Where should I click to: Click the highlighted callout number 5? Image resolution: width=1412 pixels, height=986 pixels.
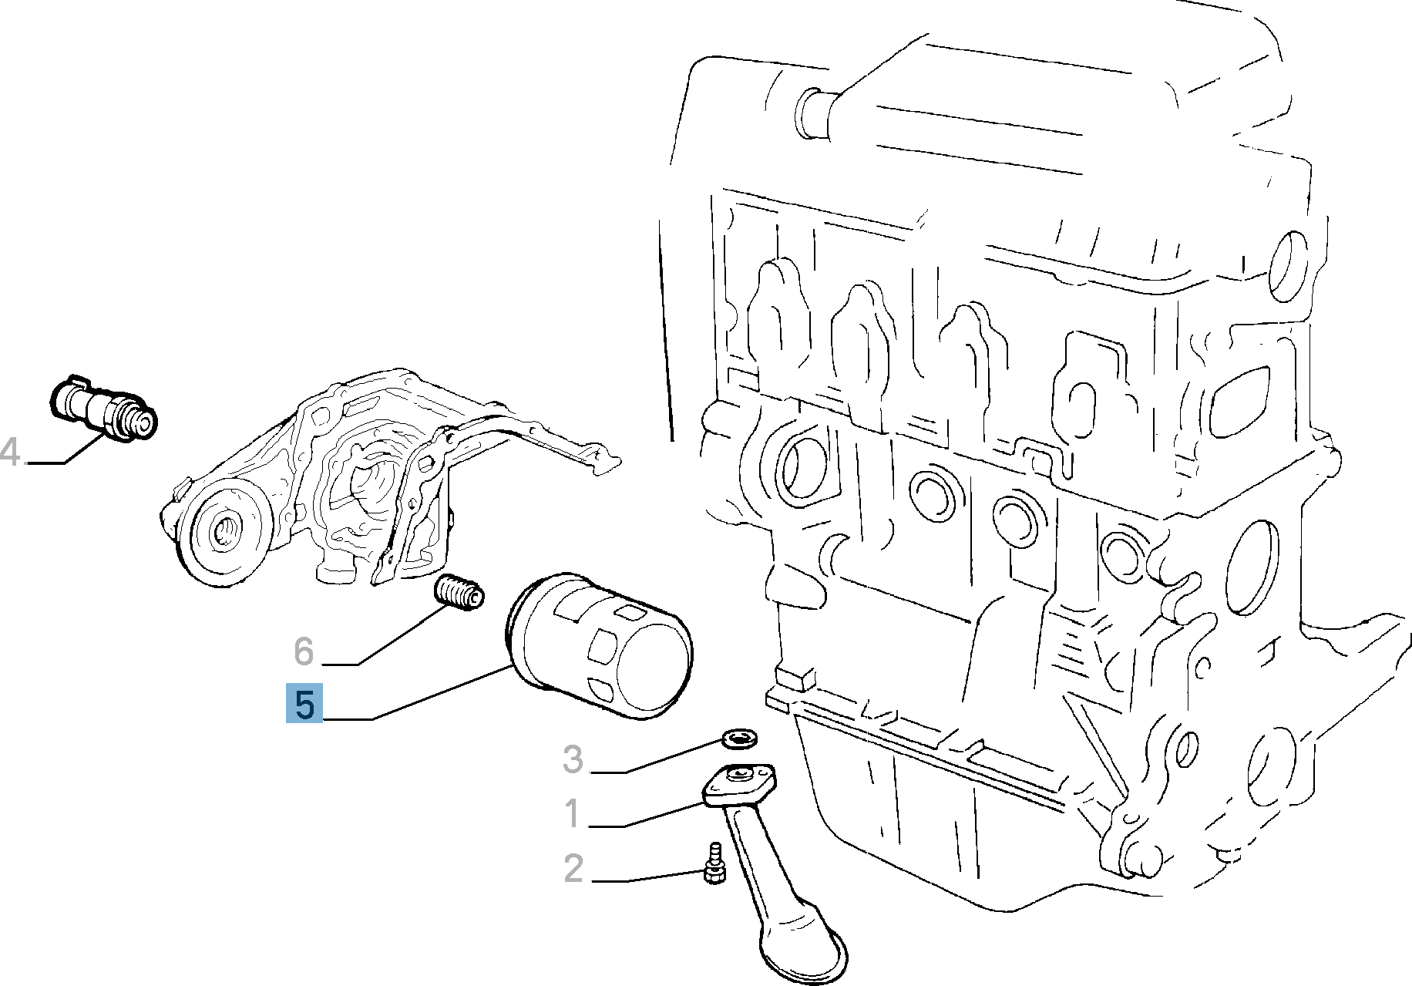coord(304,704)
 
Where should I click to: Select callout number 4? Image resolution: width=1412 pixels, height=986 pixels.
coord(10,452)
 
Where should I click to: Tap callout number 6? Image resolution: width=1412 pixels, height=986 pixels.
coord(304,651)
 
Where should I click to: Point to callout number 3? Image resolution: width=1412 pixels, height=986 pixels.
coord(573,759)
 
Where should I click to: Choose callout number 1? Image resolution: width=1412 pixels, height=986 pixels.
coord(572,814)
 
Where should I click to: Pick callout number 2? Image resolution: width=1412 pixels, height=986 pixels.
coord(573,869)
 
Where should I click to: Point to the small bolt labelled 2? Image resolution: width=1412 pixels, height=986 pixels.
coord(714,865)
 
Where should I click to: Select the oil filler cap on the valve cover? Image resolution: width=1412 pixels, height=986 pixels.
coord(810,113)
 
